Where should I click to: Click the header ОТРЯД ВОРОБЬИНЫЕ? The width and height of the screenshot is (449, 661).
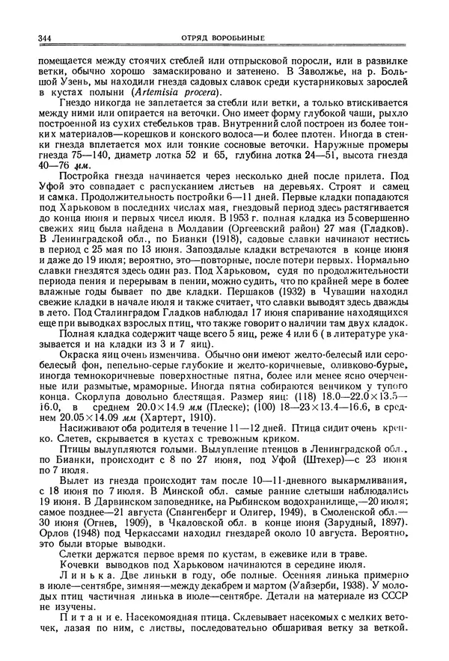[x=224, y=38]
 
